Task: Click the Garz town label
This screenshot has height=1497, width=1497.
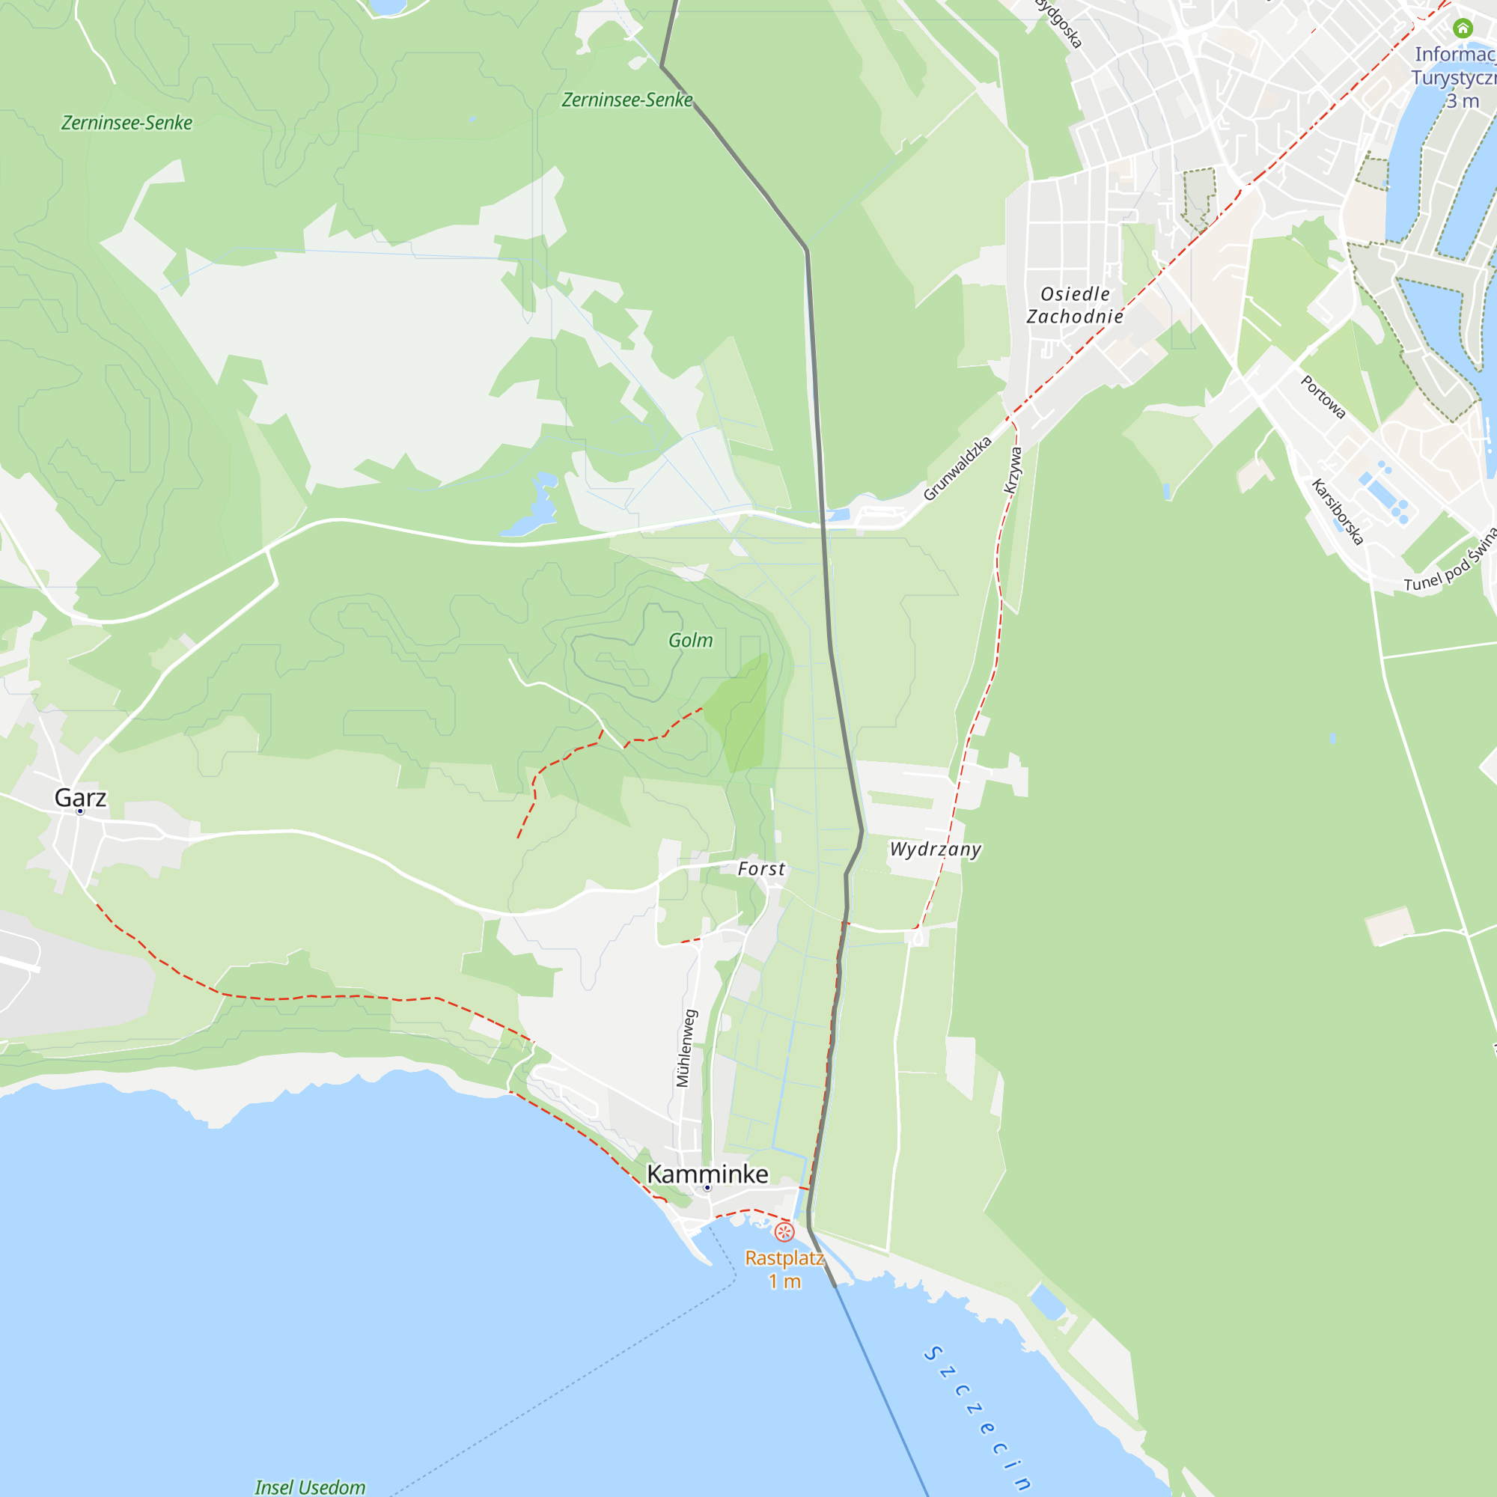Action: (x=80, y=797)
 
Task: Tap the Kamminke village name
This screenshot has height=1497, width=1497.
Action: (x=707, y=1174)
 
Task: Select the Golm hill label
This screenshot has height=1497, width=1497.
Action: (x=690, y=640)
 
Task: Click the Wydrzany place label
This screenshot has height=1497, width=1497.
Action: (x=935, y=850)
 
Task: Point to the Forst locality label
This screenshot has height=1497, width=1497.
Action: (x=761, y=868)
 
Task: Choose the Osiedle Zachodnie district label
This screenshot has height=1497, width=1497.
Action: (x=1075, y=305)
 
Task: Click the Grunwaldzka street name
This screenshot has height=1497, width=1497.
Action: (x=958, y=468)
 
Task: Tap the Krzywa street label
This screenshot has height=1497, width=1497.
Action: (x=1013, y=469)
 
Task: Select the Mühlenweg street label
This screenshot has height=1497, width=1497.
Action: (x=683, y=1048)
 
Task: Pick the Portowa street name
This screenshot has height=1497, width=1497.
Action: (x=1322, y=397)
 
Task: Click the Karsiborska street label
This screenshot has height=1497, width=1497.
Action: (x=1337, y=511)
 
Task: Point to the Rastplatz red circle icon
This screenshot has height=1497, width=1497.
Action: (x=784, y=1231)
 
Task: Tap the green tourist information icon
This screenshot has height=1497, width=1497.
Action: (x=1462, y=28)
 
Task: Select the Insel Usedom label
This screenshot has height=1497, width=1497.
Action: (x=310, y=1487)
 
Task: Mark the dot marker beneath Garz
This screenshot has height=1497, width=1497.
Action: (x=80, y=811)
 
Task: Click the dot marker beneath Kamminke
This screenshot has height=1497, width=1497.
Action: (x=707, y=1188)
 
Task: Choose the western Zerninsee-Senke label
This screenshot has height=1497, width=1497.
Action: (x=127, y=123)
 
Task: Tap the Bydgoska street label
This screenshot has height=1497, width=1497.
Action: (x=1059, y=23)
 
